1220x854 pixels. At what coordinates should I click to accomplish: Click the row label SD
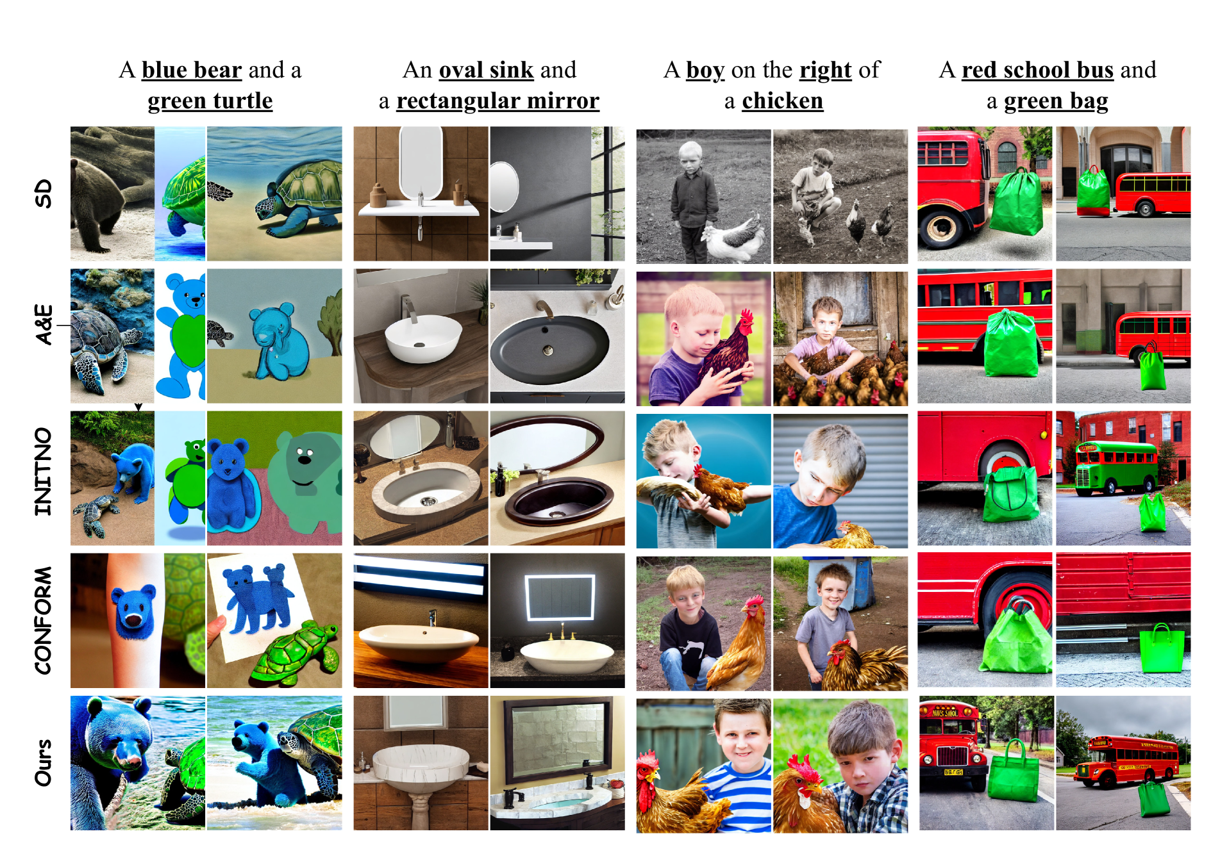(x=43, y=193)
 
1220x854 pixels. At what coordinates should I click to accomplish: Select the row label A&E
(x=43, y=325)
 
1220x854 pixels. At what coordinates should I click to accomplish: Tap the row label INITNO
(x=43, y=472)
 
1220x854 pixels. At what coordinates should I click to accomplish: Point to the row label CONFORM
(x=43, y=620)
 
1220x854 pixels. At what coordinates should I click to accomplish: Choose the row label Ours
(x=43, y=763)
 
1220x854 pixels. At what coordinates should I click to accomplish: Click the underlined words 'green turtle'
(x=210, y=101)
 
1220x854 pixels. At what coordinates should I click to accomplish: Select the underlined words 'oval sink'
(x=486, y=70)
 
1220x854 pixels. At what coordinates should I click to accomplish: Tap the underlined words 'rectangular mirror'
(x=497, y=101)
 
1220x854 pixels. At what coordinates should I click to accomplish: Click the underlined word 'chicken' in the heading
(x=782, y=101)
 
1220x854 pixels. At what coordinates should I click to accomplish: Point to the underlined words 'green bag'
(x=1056, y=101)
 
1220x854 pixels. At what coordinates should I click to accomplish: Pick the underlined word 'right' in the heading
(x=826, y=70)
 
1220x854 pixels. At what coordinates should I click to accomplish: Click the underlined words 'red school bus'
(x=1037, y=70)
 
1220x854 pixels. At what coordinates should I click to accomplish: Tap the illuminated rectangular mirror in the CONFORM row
(x=560, y=598)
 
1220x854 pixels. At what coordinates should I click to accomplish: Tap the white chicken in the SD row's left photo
(x=734, y=238)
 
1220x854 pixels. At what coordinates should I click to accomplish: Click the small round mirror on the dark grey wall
(x=504, y=186)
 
